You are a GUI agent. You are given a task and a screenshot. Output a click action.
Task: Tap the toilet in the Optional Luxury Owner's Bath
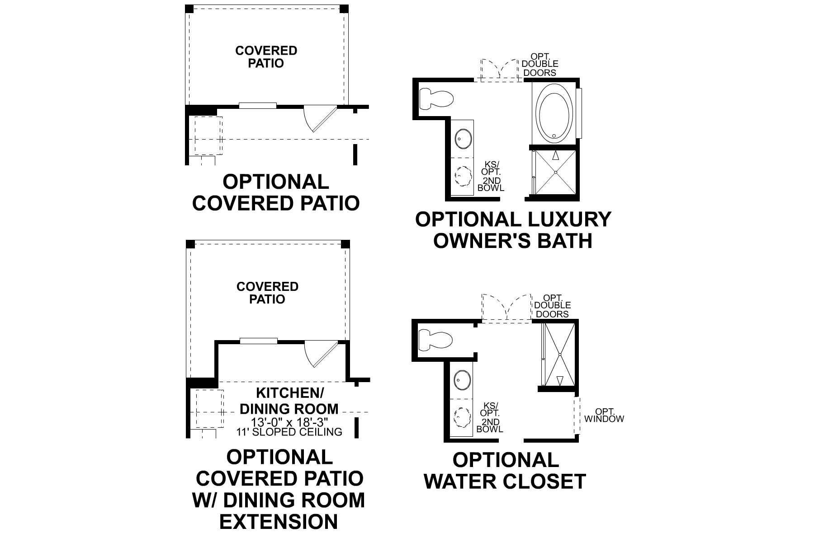coord(436,98)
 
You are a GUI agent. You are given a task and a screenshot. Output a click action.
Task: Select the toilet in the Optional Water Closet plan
coord(436,340)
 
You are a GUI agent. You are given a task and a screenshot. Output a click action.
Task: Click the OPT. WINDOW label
coord(604,415)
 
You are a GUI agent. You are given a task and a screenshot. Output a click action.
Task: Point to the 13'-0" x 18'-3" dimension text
coord(289,422)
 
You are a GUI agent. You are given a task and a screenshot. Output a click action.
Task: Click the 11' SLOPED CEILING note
coord(289,432)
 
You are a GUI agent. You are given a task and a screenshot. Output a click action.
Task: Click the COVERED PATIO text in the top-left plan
coord(266,56)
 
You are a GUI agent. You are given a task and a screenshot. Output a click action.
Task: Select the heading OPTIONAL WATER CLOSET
coord(505,471)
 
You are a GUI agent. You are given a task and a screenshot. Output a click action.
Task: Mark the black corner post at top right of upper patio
coord(344,9)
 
